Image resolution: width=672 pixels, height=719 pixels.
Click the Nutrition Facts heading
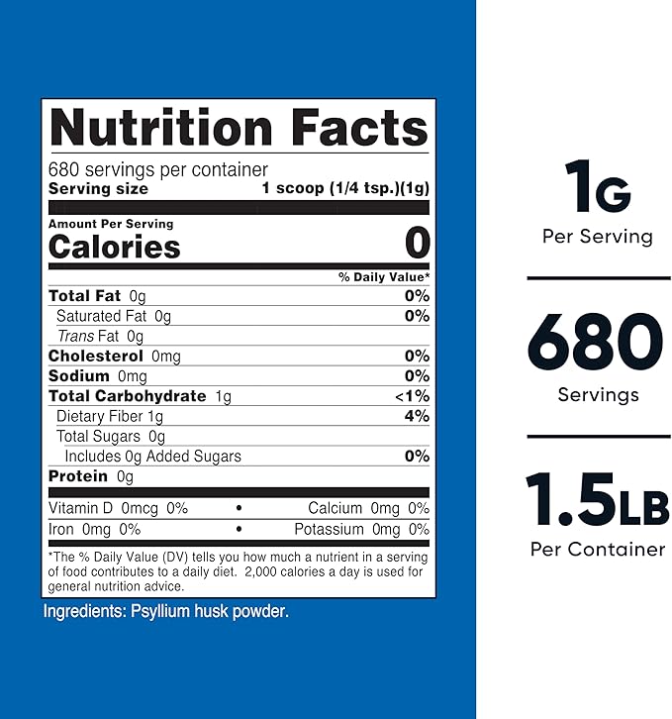[x=239, y=130]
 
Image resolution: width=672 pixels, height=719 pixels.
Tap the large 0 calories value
[x=418, y=244]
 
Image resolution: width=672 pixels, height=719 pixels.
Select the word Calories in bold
[x=115, y=247]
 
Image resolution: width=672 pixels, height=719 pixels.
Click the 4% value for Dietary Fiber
[x=417, y=416]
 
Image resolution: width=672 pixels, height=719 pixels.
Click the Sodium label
[x=79, y=376]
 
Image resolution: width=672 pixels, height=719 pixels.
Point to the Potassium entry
[x=361, y=530]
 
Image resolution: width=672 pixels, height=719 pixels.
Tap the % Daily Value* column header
[x=384, y=276]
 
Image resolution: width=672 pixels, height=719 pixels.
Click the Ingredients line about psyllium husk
[x=165, y=611]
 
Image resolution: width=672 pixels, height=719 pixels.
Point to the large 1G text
[x=597, y=187]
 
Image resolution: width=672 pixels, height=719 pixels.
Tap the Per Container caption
[x=597, y=549]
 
